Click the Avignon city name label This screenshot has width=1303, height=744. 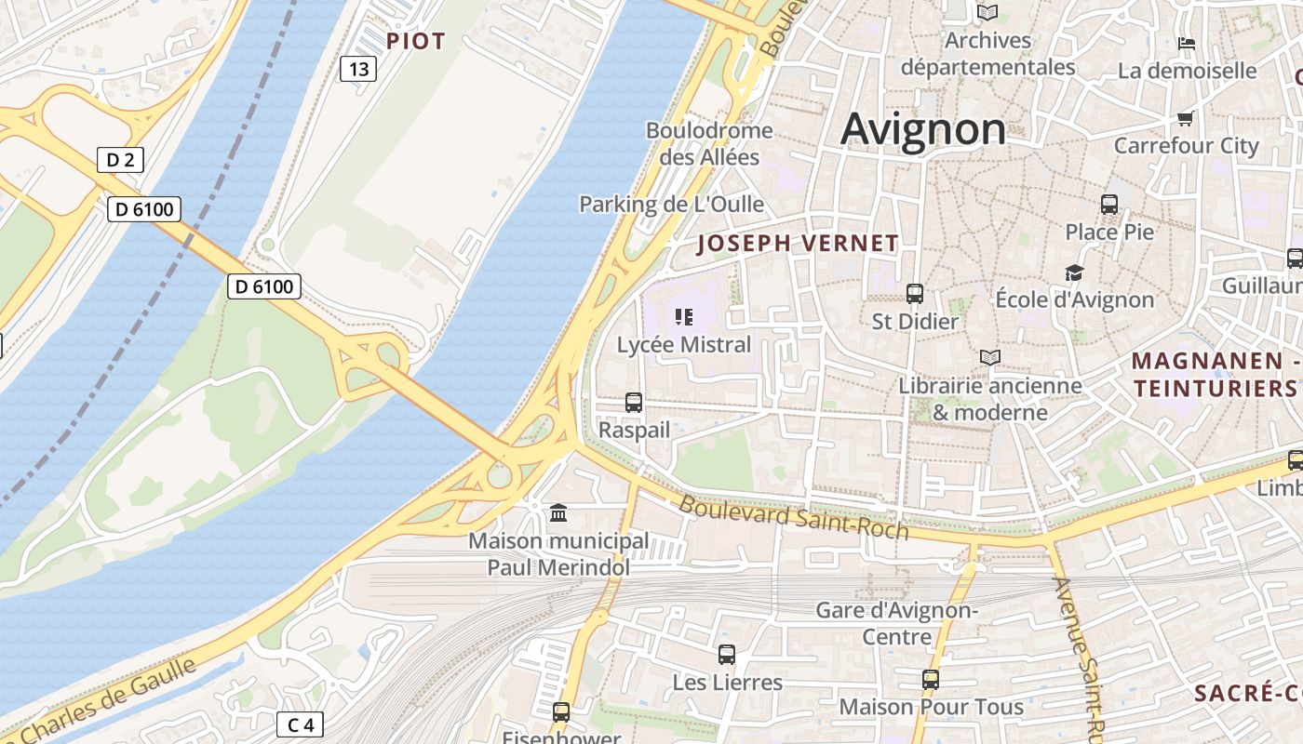[923, 129]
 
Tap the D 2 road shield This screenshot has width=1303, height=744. [120, 160]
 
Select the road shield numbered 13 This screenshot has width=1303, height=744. [358, 68]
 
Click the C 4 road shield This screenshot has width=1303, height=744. [300, 724]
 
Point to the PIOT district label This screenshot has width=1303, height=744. [416, 41]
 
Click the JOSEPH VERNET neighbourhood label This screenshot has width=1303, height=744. [798, 244]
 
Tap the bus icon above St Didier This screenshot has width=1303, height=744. [915, 294]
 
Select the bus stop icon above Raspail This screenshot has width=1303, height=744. [634, 403]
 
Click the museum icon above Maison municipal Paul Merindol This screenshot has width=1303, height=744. [558, 512]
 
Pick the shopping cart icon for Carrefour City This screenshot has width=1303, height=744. [1186, 118]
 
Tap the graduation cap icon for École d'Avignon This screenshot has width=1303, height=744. [1075, 272]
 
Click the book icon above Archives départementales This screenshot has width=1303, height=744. [987, 13]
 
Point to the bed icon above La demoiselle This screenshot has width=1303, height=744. [1187, 43]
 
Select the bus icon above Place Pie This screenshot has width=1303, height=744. [1109, 205]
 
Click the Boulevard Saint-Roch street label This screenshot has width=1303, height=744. [793, 518]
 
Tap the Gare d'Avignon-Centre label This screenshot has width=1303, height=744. [896, 623]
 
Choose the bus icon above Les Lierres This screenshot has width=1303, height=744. [727, 655]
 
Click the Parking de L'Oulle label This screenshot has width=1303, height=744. [671, 204]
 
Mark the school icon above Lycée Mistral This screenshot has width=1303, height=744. [684, 317]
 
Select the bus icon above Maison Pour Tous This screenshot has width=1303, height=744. [931, 680]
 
